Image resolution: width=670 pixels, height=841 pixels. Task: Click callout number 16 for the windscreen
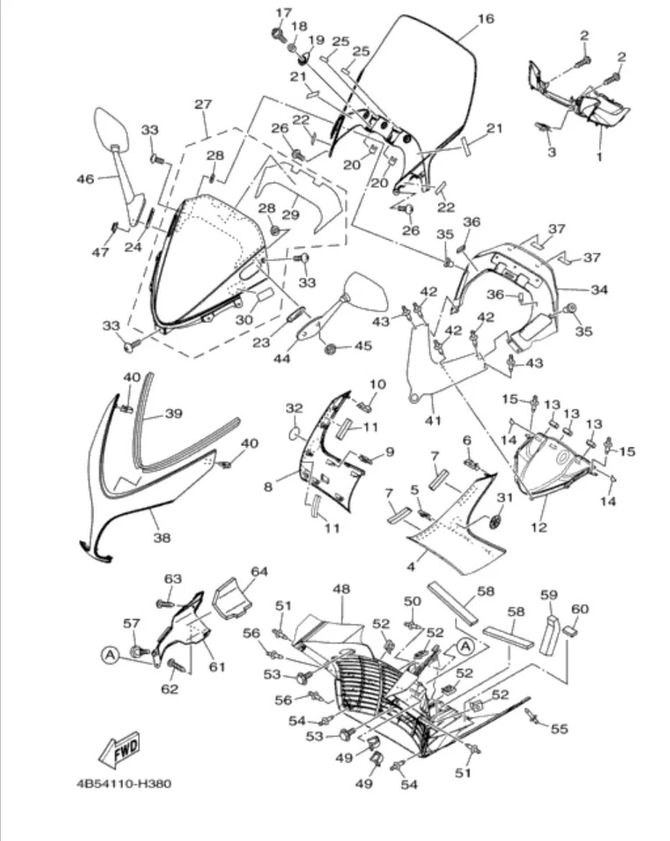pyautogui.click(x=485, y=18)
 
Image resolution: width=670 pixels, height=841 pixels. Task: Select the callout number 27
pyautogui.click(x=203, y=104)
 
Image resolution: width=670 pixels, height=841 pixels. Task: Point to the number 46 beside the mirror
pyautogui.click(x=85, y=179)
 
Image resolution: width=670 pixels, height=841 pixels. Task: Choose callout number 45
pyautogui.click(x=362, y=346)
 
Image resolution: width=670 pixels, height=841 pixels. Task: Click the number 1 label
pyautogui.click(x=599, y=158)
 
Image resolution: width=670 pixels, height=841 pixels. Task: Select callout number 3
pyautogui.click(x=551, y=152)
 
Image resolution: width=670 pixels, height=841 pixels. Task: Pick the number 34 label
pyautogui.click(x=599, y=289)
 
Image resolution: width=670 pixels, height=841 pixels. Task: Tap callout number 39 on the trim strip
pyautogui.click(x=173, y=413)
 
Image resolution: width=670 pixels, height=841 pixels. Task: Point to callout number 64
pyautogui.click(x=258, y=571)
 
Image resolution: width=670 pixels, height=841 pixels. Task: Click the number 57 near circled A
pyautogui.click(x=131, y=623)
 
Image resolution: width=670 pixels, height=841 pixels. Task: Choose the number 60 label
pyautogui.click(x=580, y=609)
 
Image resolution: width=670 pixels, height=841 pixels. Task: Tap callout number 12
pyautogui.click(x=539, y=527)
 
